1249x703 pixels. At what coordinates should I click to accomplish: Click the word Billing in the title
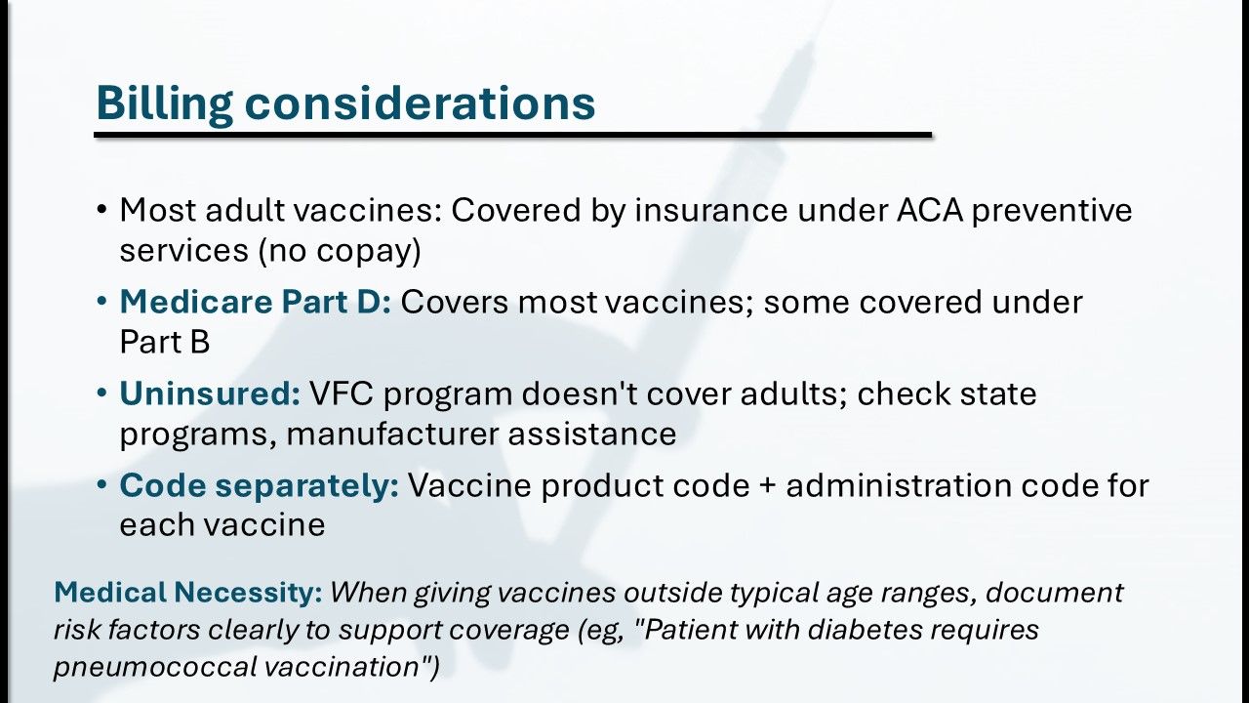(x=165, y=103)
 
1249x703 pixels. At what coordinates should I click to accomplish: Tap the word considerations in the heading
(x=420, y=103)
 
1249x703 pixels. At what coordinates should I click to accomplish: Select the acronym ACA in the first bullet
(x=930, y=210)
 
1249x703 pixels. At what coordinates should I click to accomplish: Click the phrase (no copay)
(x=340, y=251)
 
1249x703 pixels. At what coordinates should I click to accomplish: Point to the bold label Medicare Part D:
(x=256, y=302)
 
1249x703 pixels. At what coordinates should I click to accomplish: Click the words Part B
(x=165, y=342)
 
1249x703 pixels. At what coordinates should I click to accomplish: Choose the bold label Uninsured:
(x=210, y=393)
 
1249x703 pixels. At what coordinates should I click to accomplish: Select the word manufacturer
(x=392, y=434)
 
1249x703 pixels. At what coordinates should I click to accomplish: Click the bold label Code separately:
(x=260, y=485)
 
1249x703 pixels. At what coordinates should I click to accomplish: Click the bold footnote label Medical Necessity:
(x=188, y=592)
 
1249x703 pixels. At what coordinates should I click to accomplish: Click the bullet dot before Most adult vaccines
(x=101, y=210)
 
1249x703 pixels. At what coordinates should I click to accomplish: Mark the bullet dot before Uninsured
(x=101, y=393)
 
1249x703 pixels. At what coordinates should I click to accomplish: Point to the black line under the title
(x=513, y=135)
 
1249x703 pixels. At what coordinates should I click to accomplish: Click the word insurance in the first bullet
(x=711, y=210)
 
